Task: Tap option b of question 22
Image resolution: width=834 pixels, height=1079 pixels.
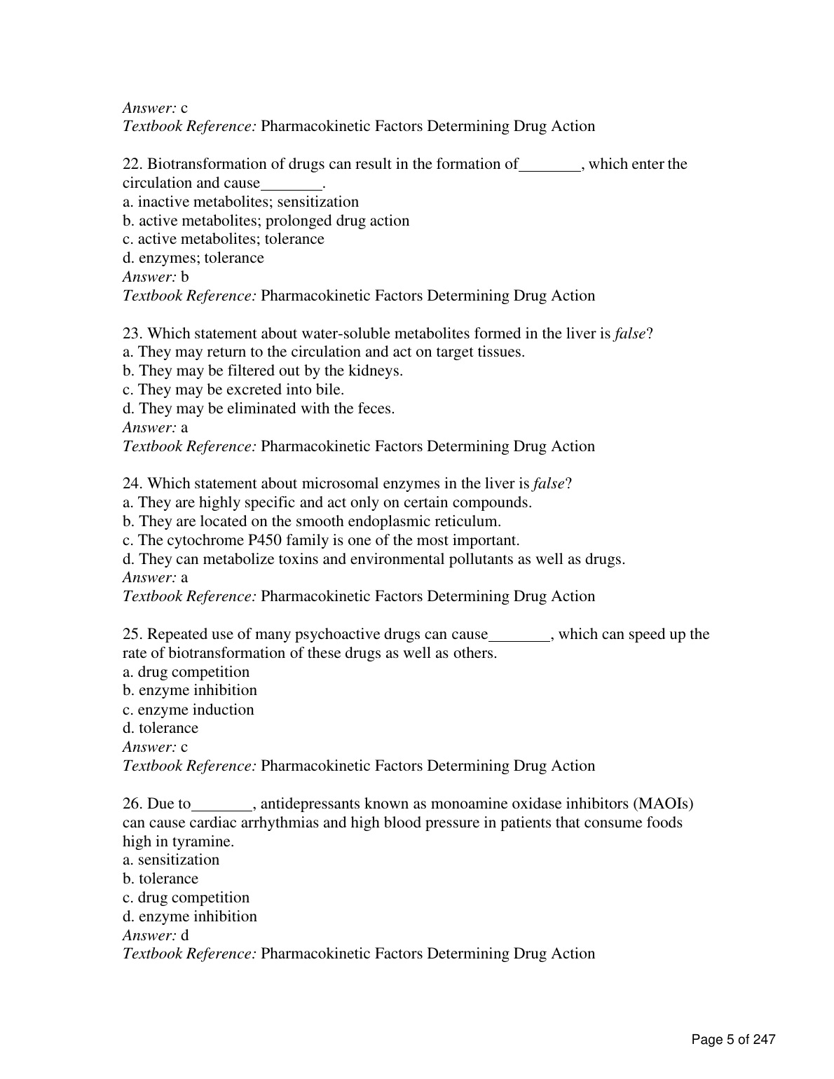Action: coord(266,221)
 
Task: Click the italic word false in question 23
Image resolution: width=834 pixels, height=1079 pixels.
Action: coord(630,334)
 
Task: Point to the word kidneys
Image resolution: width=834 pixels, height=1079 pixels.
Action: coord(378,371)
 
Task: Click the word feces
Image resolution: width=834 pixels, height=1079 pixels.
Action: coord(374,408)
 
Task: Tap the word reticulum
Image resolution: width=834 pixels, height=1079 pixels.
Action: coord(467,521)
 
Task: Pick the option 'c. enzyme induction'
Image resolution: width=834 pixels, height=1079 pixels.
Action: coord(188,710)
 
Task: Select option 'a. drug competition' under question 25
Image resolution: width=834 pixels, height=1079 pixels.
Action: coord(186,672)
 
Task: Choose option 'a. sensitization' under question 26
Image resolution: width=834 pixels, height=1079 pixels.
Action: coord(171,860)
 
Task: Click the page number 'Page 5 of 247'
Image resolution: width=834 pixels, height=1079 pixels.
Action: coord(733,1039)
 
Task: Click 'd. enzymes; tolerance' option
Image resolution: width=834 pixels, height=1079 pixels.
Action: coord(193,258)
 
